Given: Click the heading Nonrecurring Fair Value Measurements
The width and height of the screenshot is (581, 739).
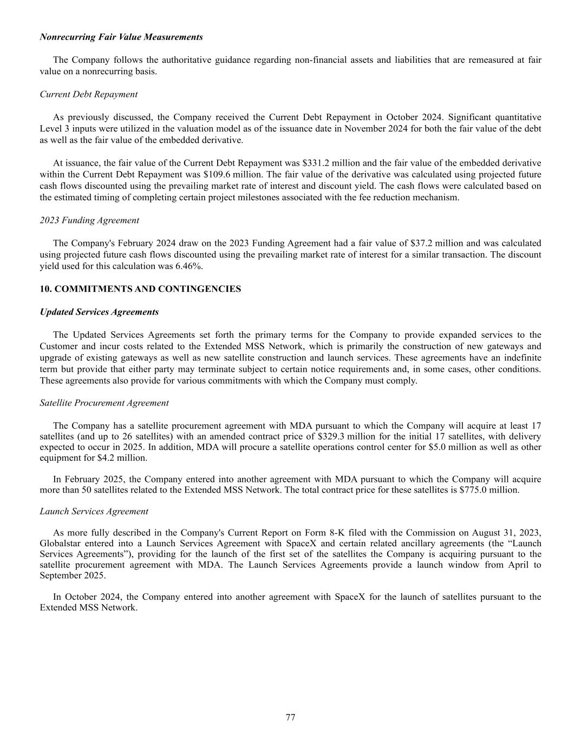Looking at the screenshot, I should (x=121, y=37).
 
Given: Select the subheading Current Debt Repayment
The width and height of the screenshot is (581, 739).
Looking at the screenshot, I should (x=89, y=94).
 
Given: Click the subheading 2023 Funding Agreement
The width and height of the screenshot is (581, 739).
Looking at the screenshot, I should (x=89, y=220).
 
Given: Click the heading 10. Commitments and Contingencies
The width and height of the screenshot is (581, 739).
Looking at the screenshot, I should (x=140, y=289).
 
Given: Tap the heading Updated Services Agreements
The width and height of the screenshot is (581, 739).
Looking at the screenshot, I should (x=99, y=312).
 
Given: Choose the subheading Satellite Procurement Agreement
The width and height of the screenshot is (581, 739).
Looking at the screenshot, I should (x=104, y=403).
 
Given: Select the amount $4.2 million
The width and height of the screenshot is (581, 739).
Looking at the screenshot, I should (x=123, y=458).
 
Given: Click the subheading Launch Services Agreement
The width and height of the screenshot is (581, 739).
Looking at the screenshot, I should (x=94, y=511).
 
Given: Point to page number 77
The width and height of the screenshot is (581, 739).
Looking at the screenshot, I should (x=290, y=717).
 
